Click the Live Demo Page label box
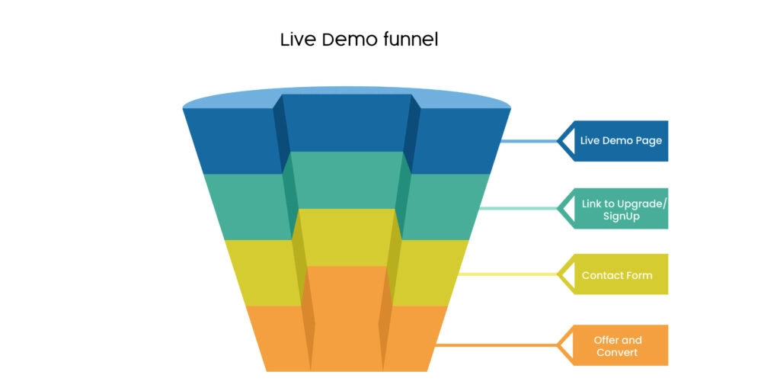click(621, 141)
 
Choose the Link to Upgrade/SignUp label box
click(621, 209)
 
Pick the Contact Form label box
click(621, 274)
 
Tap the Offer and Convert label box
click(621, 345)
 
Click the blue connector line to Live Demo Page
click(529, 141)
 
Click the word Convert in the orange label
click(617, 352)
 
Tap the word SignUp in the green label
click(621, 216)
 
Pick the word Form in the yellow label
click(639, 275)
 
